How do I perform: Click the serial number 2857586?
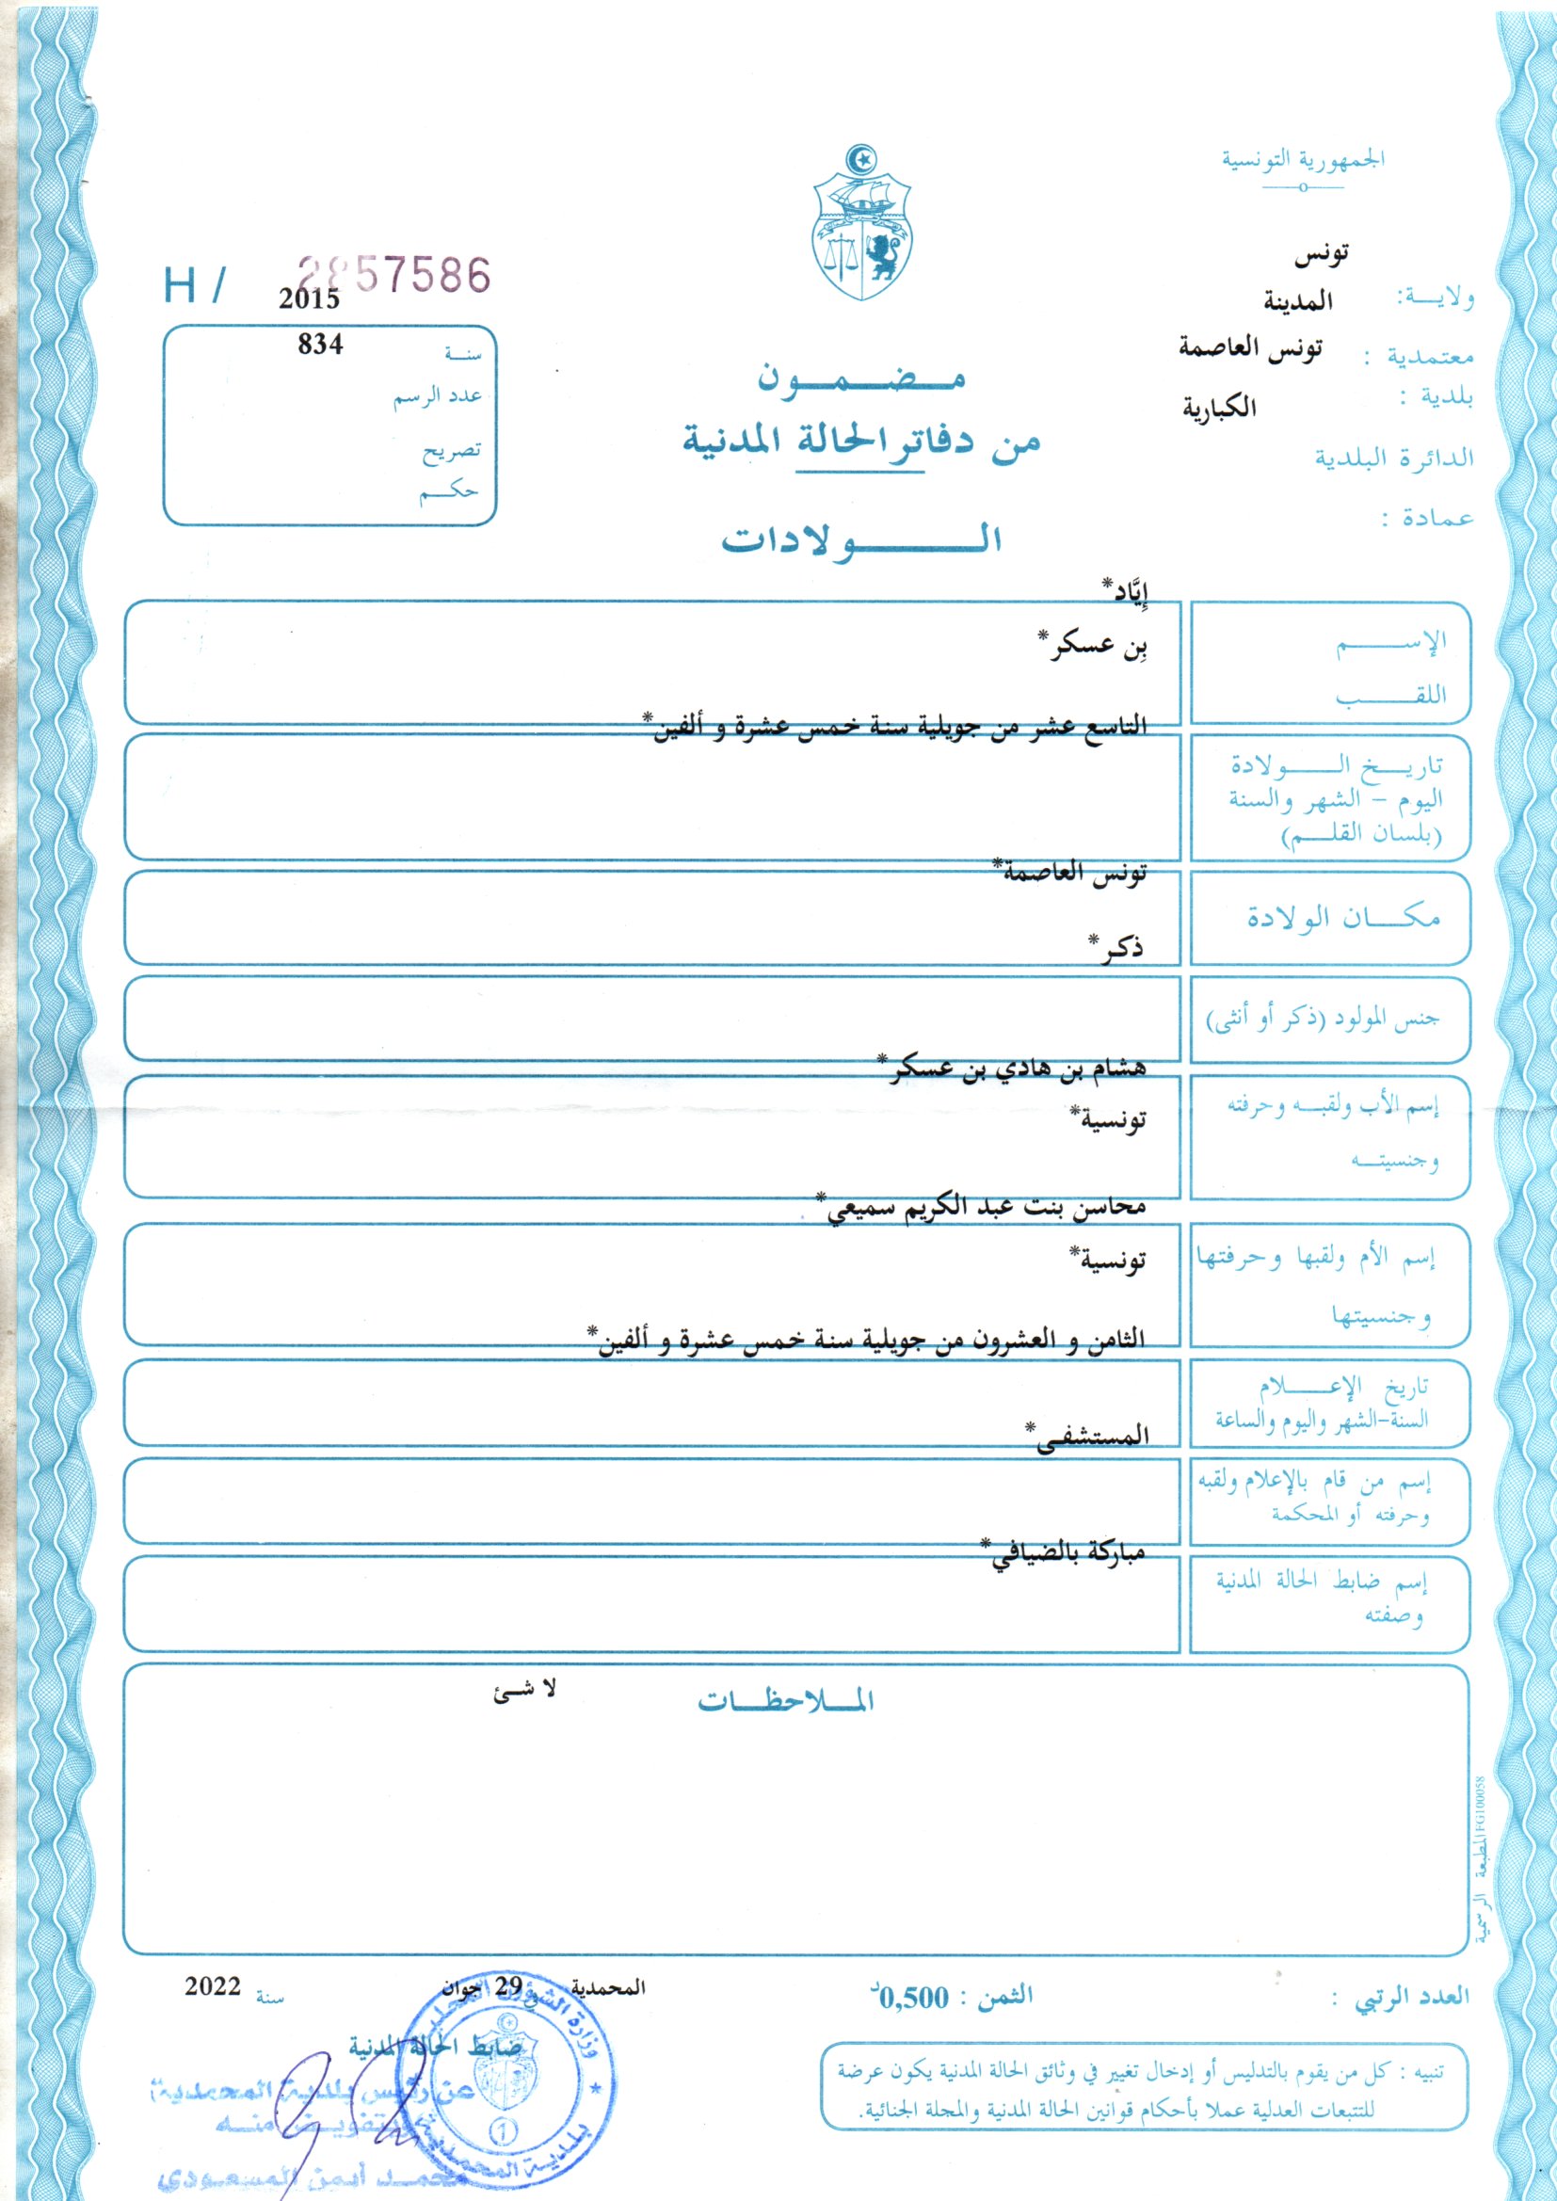coord(394,276)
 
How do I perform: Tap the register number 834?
coord(320,345)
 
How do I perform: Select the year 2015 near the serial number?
coord(310,299)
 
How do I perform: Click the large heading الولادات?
coord(862,539)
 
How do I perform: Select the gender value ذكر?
coord(1117,948)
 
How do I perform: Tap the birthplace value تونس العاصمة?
coord(1070,874)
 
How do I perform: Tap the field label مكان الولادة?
coord(1343,918)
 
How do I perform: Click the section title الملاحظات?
coord(785,1701)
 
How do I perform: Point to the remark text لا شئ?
coord(525,1692)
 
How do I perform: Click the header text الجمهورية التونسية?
coord(1302,159)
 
